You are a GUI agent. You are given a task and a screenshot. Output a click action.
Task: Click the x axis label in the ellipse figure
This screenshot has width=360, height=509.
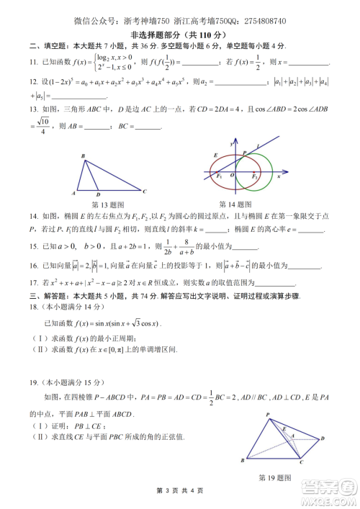click(x=287, y=174)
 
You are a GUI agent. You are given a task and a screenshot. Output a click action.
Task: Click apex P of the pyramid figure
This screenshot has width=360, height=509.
click(x=267, y=415)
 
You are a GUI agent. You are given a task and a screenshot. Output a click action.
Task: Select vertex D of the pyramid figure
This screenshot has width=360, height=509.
click(x=321, y=438)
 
